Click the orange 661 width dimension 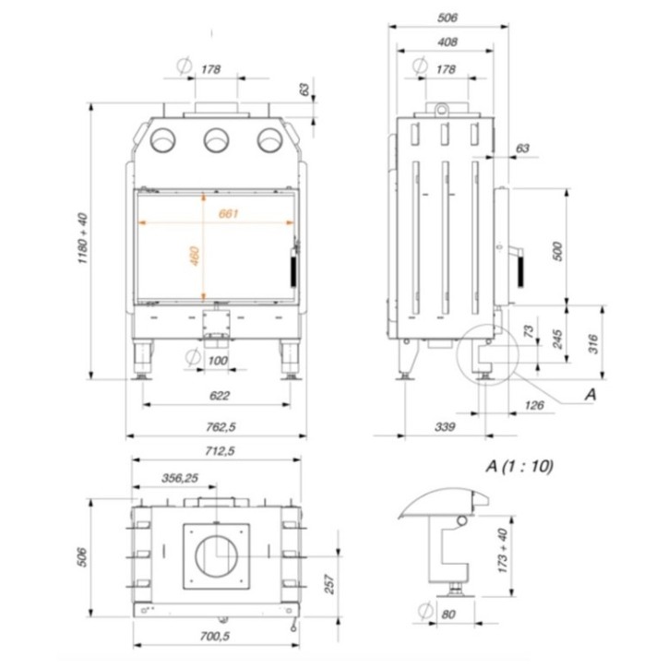coord(229,214)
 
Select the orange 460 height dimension coord(194,256)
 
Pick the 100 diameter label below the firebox coord(218,360)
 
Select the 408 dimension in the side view coord(447,42)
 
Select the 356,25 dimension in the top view coord(179,478)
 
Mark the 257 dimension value coord(328,584)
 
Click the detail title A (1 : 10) coord(519,466)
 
